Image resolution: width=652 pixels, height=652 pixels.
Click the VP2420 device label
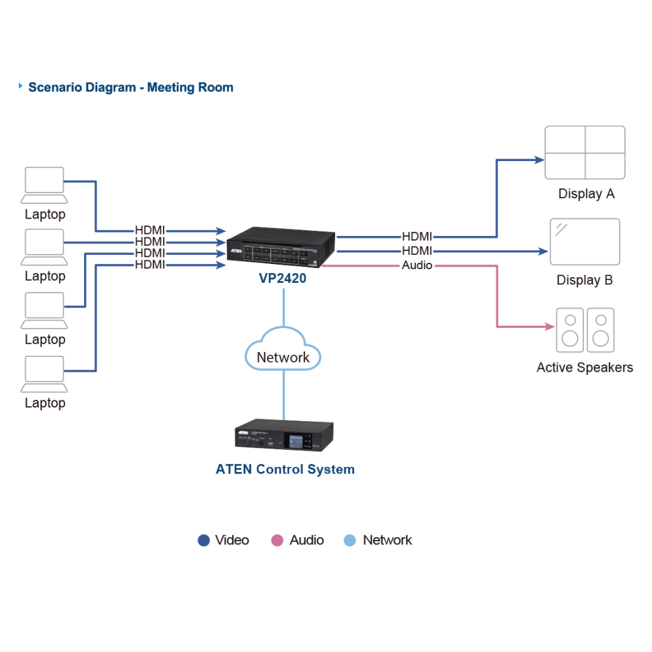click(282, 278)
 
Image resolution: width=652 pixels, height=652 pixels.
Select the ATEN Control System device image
click(284, 435)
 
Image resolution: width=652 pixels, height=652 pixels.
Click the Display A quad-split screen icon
click(585, 153)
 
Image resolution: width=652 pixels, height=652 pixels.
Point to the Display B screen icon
click(585, 242)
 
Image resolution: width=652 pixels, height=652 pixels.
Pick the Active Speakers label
click(585, 368)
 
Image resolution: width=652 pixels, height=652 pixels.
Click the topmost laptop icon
click(44, 185)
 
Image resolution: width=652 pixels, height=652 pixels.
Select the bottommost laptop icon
click(44, 374)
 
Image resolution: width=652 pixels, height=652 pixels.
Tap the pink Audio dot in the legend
click(277, 540)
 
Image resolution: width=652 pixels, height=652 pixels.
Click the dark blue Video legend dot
click(203, 540)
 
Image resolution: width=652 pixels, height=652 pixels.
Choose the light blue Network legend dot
click(350, 540)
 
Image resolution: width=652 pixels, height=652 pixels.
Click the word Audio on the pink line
click(417, 265)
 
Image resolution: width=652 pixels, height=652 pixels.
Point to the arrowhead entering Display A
click(539, 160)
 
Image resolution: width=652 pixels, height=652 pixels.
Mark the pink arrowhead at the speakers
click(550, 327)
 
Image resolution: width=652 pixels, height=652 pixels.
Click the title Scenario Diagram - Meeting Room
click(130, 87)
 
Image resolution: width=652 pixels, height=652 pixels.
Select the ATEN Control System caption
click(285, 469)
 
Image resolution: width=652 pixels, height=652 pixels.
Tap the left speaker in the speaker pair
click(570, 330)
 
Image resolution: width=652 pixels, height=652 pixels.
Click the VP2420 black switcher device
click(280, 246)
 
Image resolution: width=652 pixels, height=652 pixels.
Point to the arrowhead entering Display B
click(543, 251)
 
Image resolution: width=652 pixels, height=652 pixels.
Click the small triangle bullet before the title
click(20, 86)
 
